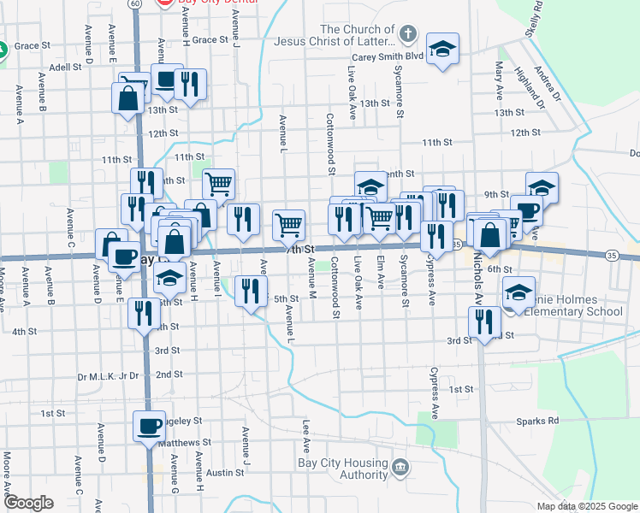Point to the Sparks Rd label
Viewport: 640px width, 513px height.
[536, 421]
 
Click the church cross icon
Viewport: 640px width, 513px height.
[408, 35]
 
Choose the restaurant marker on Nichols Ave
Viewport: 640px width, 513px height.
[484, 322]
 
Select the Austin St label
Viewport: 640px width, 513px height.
[225, 472]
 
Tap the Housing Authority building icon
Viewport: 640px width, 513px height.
[402, 468]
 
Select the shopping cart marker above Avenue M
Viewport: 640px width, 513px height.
[289, 225]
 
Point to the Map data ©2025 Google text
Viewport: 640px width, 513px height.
[587, 505]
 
